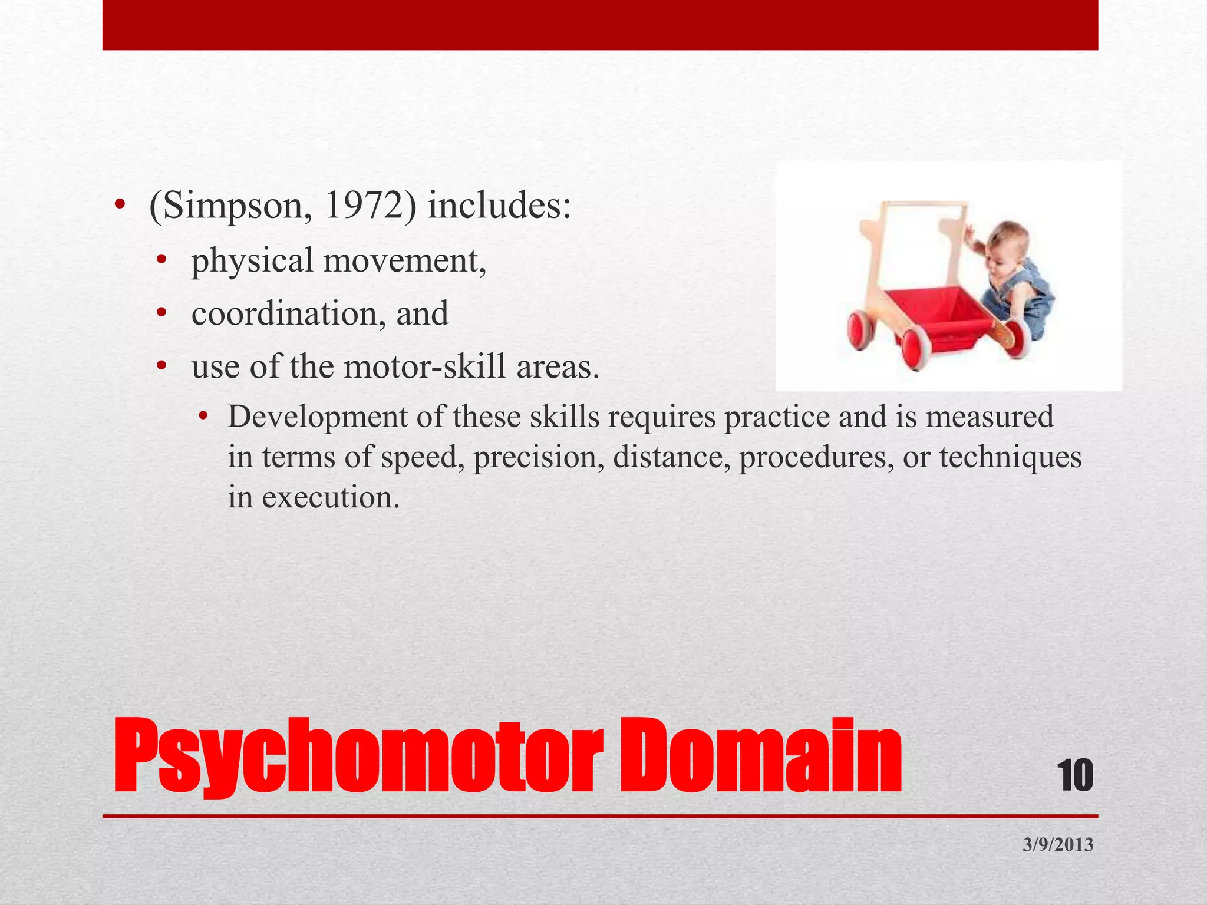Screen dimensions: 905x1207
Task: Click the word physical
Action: click(x=252, y=261)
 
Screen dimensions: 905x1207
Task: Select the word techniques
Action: click(x=1010, y=457)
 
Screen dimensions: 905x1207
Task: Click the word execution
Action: click(x=330, y=497)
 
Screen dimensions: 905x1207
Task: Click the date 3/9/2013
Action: click(x=1058, y=845)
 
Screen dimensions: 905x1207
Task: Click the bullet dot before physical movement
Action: click(x=162, y=261)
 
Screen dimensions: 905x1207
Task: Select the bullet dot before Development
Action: click(x=203, y=418)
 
